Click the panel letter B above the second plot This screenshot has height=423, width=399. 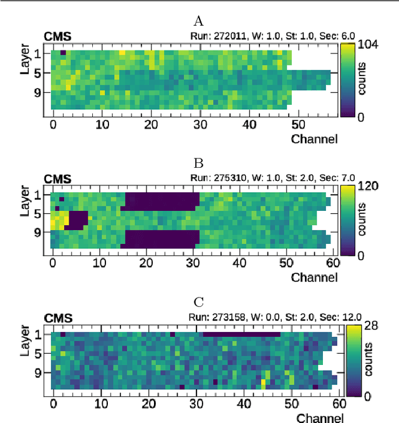199,164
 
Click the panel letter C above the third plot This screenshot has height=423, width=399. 199,303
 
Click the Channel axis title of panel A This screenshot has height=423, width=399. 314,139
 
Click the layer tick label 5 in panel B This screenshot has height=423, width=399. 37,215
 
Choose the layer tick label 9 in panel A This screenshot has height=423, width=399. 37,92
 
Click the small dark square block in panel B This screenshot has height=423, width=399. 77,220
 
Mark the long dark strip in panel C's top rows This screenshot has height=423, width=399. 241,334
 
